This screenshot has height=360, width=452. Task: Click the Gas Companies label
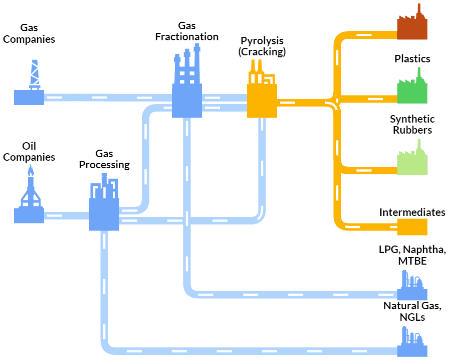29,33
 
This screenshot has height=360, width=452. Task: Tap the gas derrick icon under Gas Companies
29,82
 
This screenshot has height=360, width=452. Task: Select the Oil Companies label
29,152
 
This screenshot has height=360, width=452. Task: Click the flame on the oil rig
31,171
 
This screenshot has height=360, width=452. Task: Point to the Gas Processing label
104,159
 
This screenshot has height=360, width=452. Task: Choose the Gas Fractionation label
187,31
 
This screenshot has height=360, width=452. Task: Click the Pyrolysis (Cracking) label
262,46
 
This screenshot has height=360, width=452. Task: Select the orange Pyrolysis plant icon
262,89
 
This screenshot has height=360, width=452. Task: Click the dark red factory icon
412,22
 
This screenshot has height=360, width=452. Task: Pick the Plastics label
412,59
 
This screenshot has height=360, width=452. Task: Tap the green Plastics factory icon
412,86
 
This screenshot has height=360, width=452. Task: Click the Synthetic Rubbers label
412,124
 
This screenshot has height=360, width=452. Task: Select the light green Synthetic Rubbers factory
412,157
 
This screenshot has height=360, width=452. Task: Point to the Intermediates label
412,212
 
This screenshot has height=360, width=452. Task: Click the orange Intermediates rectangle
412,227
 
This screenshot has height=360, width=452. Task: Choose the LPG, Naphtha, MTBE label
412,255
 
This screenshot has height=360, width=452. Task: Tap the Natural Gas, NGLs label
412,311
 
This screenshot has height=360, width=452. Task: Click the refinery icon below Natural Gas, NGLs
412,341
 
